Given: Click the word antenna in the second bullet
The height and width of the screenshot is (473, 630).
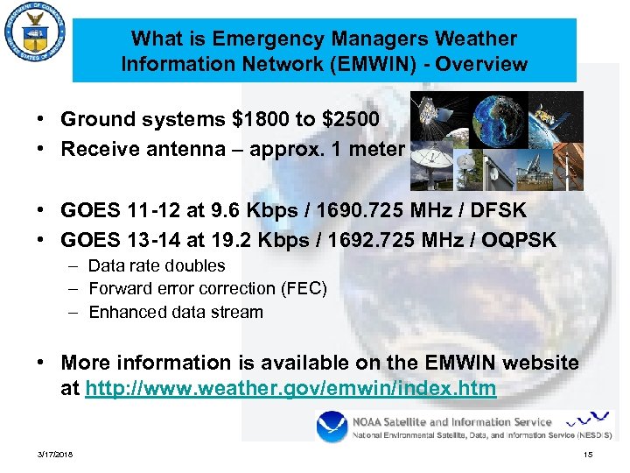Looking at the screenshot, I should tap(203, 149).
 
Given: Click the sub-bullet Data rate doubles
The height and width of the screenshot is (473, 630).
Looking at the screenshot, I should tap(157, 265).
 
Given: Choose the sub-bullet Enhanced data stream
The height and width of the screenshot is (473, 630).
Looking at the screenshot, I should tap(175, 312).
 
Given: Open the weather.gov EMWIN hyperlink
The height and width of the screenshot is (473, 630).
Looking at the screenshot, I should tap(290, 388).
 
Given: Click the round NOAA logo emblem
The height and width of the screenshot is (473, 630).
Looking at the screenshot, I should tap(332, 427).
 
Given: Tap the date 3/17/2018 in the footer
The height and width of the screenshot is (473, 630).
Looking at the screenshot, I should tap(55, 454).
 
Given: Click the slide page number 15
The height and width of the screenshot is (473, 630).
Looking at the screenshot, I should tap(588, 454).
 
